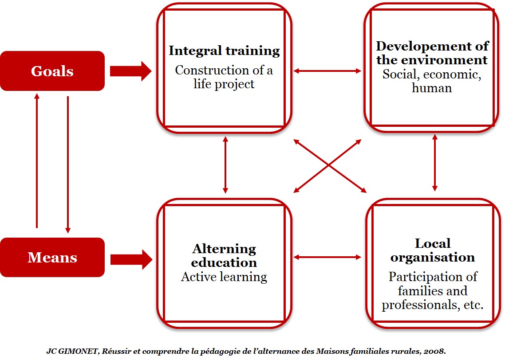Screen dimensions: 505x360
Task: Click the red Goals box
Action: coord(52,71)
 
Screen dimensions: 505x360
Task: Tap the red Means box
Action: coord(52,258)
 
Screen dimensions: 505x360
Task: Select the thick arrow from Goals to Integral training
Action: coord(130,71)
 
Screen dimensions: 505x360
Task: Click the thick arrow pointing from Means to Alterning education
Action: coord(131,260)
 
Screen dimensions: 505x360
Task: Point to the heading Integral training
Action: coord(224,51)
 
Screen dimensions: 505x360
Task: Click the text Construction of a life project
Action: coord(224,77)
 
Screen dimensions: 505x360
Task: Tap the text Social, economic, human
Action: coord(432,81)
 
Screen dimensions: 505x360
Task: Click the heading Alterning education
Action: coord(224,255)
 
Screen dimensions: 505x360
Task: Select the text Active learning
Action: coord(224,277)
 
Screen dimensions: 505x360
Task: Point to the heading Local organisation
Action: coord(433,250)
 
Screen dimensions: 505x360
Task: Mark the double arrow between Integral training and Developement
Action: coord(327,71)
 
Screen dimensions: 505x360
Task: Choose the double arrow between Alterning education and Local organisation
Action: coord(327,257)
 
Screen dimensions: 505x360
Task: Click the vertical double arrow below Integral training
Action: coord(225,165)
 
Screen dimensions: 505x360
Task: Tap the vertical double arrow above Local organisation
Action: coord(435,163)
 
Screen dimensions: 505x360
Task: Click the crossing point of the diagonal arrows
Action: coord(329,165)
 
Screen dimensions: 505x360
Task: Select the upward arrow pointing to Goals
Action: coord(37,160)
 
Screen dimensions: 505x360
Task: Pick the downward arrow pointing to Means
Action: coord(67,165)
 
